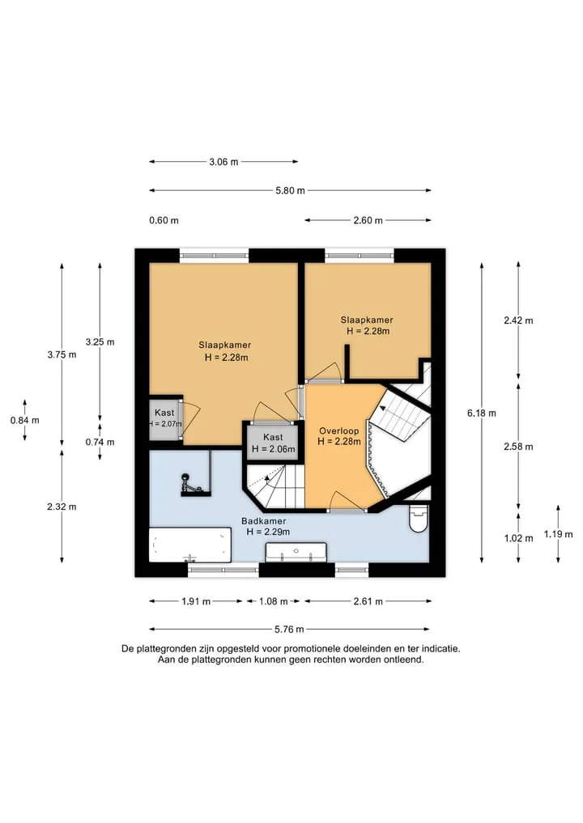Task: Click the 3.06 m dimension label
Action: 223,162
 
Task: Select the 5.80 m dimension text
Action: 290,190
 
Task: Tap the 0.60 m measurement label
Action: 164,220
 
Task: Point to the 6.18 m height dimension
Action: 482,413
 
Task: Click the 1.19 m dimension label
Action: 559,534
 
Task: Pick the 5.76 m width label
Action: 289,629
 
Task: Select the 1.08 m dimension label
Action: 273,601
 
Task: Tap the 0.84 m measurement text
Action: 24,420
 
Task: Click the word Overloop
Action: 338,431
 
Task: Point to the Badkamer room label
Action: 264,521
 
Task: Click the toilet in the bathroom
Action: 419,518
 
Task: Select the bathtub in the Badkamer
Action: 190,545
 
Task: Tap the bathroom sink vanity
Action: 296,553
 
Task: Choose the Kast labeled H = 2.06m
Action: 273,443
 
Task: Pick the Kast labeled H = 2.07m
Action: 165,418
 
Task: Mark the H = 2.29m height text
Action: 268,532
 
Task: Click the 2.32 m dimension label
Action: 62,507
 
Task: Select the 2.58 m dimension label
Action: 518,447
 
